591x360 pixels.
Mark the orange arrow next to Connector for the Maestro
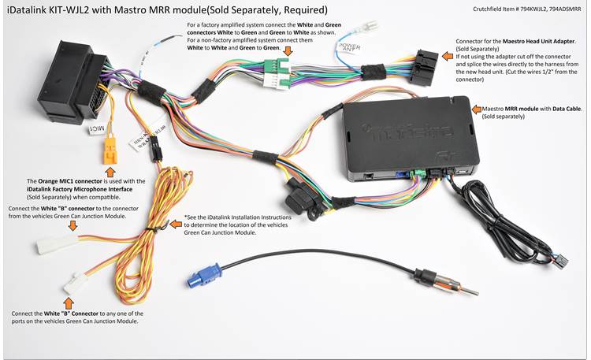pyautogui.click(x=448, y=41)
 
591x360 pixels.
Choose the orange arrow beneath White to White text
pyautogui.click(x=288, y=51)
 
